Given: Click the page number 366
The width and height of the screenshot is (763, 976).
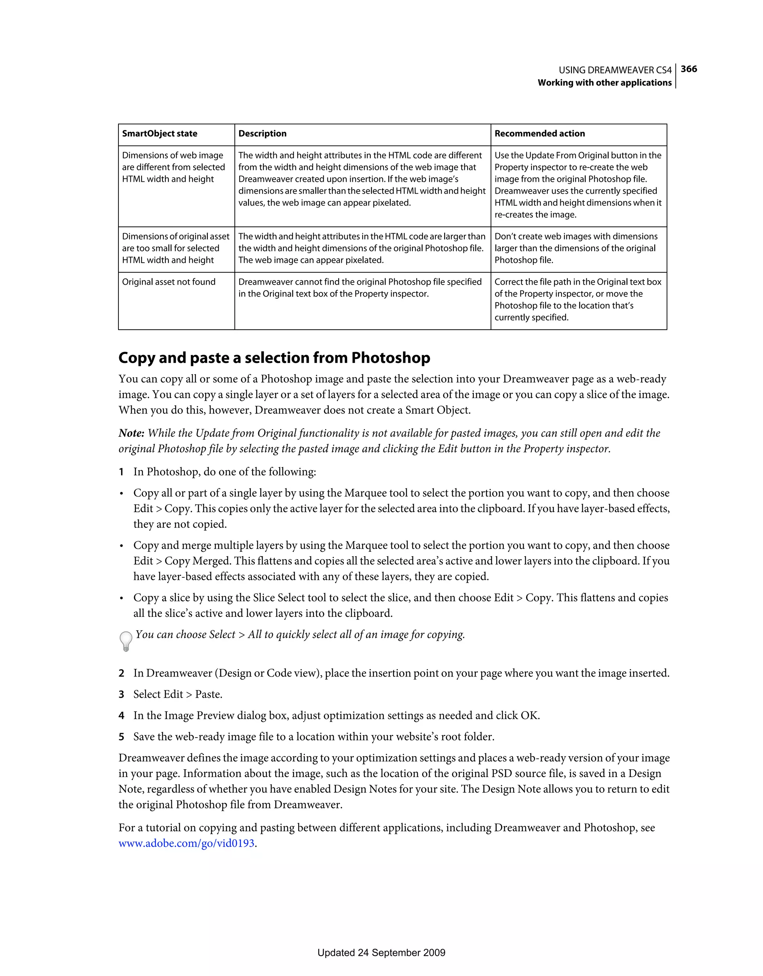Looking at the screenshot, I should (x=689, y=69).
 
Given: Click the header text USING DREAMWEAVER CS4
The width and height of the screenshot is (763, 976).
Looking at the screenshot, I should (x=615, y=70).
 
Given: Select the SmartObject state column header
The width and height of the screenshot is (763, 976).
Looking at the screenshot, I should (x=159, y=134).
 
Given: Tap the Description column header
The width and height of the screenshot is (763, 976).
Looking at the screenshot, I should (x=262, y=134).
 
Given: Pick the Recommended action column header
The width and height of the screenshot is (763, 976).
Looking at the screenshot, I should (x=539, y=134).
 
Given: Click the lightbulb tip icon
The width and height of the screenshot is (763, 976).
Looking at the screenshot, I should (x=126, y=641).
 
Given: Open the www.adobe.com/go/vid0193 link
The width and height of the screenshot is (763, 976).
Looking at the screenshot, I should (x=186, y=843).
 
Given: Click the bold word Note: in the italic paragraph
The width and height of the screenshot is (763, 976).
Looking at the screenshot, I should (x=132, y=433).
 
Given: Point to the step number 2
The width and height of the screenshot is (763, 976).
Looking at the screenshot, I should (x=121, y=673).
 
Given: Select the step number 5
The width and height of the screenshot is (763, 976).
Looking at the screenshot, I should (x=121, y=736).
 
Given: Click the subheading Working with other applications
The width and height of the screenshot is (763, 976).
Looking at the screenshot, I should (x=604, y=83).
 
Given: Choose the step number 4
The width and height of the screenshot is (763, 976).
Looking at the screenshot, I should (x=121, y=716).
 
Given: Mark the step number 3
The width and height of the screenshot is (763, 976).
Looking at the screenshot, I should (x=121, y=694).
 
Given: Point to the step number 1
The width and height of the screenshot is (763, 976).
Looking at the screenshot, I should (x=121, y=472).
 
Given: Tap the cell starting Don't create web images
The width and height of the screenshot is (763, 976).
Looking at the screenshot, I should (x=576, y=248).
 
